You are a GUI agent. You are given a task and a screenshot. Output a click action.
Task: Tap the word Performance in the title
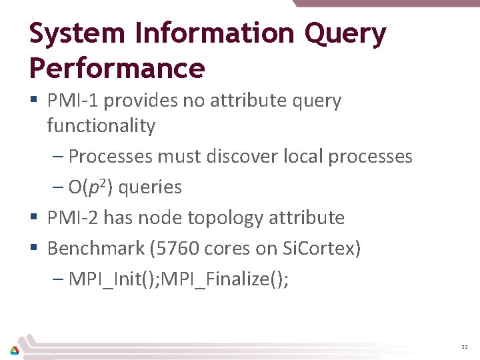click(117, 68)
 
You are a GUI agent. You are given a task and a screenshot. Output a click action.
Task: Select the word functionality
click(101, 125)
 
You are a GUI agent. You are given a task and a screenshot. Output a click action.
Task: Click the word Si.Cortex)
click(321, 249)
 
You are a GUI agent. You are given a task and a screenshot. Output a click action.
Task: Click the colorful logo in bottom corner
click(14, 349)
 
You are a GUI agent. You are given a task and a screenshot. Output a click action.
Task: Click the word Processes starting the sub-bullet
click(111, 157)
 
